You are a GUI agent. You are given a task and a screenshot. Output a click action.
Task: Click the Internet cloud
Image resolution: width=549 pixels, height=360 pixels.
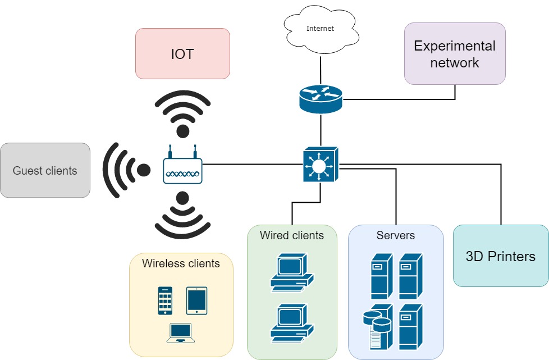[x=320, y=29]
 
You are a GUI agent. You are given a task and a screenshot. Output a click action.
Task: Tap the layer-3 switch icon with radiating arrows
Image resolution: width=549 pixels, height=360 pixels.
[x=321, y=165]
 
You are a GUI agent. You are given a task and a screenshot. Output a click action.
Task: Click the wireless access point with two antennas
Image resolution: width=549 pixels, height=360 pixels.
[x=182, y=168]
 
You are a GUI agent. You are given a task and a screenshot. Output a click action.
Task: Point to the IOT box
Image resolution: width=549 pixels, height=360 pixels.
[x=182, y=54]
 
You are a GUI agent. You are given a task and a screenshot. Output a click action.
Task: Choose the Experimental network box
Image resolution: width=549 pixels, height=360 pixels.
[x=455, y=54]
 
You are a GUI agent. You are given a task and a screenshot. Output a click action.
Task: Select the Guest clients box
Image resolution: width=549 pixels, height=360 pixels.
[x=45, y=170]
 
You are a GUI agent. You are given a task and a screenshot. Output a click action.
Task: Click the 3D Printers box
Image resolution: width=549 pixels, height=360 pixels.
[x=500, y=256]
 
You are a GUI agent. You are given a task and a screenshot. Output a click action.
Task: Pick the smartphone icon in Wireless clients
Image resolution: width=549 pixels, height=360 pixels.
[x=165, y=300]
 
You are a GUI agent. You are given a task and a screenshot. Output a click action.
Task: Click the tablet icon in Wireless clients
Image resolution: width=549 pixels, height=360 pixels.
[x=196, y=300]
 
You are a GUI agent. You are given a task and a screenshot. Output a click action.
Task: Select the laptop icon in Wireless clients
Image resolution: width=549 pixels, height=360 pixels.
[x=181, y=333]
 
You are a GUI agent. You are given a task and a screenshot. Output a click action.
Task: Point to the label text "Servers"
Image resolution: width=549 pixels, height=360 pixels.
[x=396, y=235]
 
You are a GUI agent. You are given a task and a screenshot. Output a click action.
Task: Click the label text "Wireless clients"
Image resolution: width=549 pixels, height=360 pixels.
[x=181, y=263]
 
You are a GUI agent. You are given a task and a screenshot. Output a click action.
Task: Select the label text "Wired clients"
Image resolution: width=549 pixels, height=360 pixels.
[x=292, y=235]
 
